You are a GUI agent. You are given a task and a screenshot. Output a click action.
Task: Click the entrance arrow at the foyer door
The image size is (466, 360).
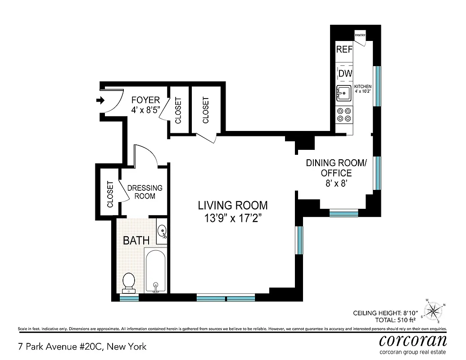coord(100,100)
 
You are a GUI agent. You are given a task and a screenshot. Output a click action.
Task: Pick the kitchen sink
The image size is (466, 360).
coord(344,93)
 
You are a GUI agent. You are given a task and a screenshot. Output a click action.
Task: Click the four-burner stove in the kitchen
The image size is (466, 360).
coord(344,115)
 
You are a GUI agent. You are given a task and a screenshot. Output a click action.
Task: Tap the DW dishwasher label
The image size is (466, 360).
coord(345,73)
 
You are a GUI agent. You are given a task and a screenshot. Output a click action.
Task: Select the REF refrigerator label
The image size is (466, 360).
coord(344,49)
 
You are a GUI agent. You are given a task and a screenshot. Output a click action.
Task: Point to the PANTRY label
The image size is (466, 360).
coord(360,35)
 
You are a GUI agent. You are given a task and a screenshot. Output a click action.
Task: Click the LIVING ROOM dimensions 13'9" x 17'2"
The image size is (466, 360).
coord(233,218)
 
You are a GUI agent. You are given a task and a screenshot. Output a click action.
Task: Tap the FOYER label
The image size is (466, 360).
coord(145,100)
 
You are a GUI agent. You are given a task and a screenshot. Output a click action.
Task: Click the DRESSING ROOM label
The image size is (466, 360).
coord(145,192)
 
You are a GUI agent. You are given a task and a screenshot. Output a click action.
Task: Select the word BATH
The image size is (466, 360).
coord(136,240)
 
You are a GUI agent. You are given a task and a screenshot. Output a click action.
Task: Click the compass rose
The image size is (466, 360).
coord(433,310)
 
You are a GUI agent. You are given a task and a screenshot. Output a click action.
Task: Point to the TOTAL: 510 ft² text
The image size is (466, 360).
coord(395,320)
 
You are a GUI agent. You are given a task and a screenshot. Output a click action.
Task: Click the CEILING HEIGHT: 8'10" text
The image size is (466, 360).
coord(386,313)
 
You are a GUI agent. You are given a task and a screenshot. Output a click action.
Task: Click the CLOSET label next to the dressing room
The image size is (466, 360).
coord(110,194)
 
